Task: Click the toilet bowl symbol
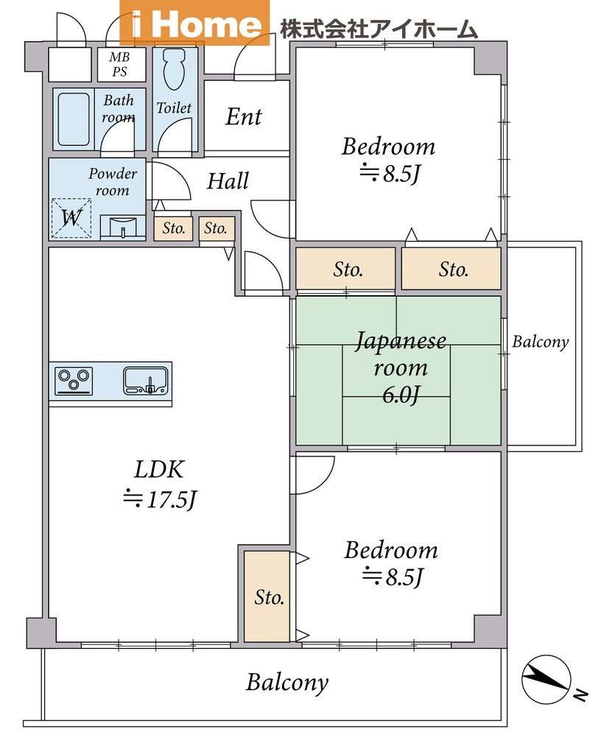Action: (x=174, y=68)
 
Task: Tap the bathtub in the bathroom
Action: (x=74, y=119)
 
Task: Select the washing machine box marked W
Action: (x=71, y=218)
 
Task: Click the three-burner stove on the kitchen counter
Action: (x=74, y=381)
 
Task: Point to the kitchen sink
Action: (x=146, y=381)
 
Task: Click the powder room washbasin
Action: (x=123, y=227)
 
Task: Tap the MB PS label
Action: (x=119, y=65)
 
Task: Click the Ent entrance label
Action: (x=244, y=116)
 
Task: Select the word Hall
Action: (x=228, y=181)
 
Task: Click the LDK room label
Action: (x=159, y=469)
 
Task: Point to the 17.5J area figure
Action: (x=160, y=500)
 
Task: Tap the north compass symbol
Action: (x=546, y=678)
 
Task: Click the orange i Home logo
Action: (x=194, y=23)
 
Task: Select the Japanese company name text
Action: (x=379, y=29)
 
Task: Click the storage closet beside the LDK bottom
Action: (x=267, y=596)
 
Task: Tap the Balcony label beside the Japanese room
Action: (x=541, y=342)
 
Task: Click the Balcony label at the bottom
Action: (x=287, y=683)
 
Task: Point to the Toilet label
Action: (x=174, y=108)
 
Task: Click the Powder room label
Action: (x=113, y=182)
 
